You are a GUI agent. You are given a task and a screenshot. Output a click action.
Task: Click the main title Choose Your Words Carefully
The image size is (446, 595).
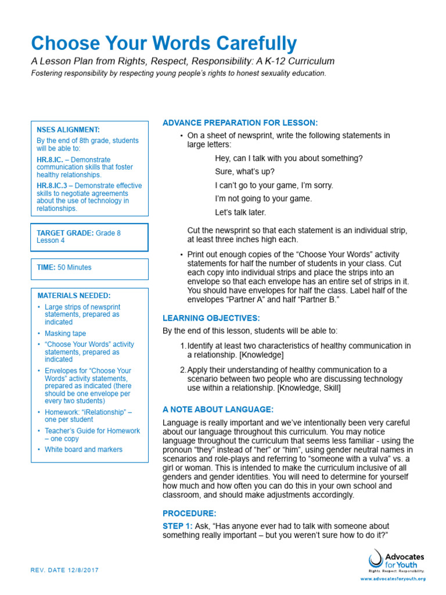[x=163, y=44]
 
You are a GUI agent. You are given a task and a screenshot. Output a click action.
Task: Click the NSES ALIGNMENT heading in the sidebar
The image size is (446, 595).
[x=68, y=130]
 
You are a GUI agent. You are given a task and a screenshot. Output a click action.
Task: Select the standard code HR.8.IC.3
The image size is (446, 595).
[x=55, y=186]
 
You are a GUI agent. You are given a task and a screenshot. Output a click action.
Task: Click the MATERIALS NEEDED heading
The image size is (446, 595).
[x=74, y=296]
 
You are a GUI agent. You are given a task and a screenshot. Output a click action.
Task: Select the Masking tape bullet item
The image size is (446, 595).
[x=65, y=334]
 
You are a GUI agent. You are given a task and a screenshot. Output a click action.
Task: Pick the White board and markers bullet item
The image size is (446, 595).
[x=84, y=449]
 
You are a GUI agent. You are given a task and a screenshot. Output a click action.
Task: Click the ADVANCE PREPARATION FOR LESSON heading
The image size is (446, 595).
[x=240, y=123]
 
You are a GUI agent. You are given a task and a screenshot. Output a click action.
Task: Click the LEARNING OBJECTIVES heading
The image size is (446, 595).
[x=211, y=318]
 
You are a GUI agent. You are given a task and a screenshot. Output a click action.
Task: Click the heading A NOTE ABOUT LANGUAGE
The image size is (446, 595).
[x=214, y=409]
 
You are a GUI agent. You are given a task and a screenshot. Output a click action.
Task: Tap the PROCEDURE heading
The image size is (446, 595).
[x=189, y=513]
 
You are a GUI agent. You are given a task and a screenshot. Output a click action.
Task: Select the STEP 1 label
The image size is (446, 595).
[x=177, y=525]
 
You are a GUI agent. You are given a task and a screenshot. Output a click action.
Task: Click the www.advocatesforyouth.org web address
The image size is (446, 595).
[x=393, y=579]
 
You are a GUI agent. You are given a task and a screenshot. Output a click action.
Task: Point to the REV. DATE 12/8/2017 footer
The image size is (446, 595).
[x=64, y=570]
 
